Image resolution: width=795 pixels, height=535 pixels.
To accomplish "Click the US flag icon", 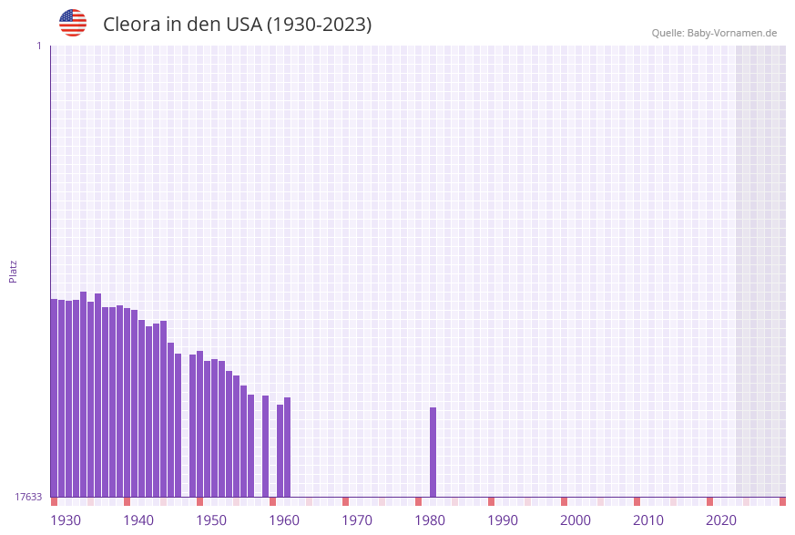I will (73, 23).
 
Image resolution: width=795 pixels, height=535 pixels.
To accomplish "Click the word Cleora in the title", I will (132, 25).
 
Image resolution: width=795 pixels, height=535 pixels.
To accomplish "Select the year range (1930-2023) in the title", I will (319, 25).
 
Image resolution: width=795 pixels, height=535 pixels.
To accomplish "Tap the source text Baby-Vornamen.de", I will (732, 33).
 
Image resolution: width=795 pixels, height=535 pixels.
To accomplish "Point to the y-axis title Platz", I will (14, 271).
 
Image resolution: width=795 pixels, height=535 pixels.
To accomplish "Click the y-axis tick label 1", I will (39, 46).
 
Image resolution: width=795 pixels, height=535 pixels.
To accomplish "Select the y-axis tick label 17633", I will (29, 497).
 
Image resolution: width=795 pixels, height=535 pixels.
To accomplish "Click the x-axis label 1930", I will (66, 520).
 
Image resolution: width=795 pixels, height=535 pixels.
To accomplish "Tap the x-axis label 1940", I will (138, 520).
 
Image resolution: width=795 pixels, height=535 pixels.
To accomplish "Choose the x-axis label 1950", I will (211, 520).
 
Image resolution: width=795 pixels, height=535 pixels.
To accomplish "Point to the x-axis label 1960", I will (284, 520).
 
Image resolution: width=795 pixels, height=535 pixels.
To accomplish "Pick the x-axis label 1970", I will (357, 520).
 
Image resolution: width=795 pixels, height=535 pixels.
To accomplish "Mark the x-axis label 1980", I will (430, 520).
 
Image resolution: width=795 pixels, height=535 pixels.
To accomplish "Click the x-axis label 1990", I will (503, 520).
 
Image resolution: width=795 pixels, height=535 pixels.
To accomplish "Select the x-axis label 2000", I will (576, 520).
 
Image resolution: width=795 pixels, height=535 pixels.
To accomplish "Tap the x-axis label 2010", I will (648, 520).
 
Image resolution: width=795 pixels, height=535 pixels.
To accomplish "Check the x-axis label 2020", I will (721, 520).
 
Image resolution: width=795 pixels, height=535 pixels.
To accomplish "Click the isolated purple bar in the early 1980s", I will (433, 452).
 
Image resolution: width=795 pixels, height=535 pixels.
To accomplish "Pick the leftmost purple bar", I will (55, 397).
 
